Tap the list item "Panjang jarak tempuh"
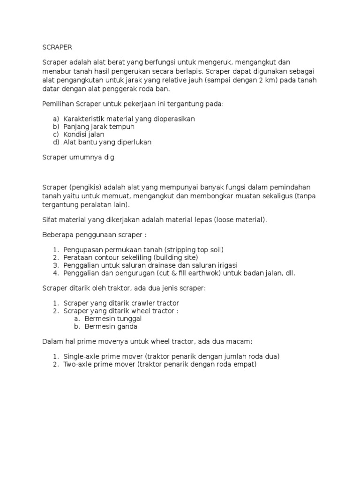[99, 127]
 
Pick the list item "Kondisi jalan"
[84, 134]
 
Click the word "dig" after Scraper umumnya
[108, 157]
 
